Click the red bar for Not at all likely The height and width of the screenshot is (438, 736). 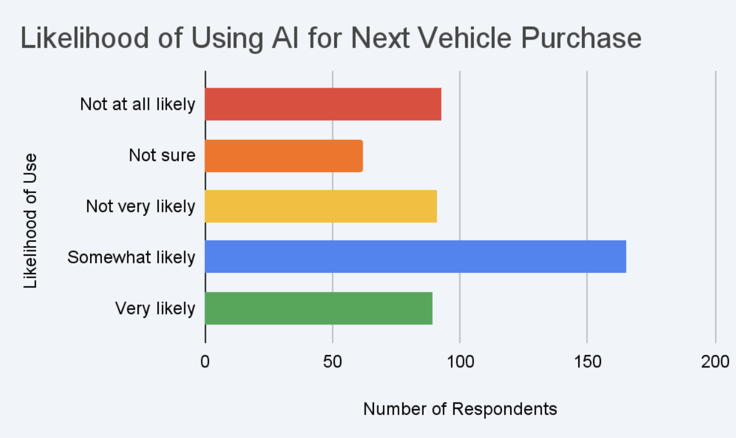pos(323,104)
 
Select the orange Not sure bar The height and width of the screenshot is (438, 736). pos(284,156)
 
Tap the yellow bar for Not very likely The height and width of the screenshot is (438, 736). pos(321,206)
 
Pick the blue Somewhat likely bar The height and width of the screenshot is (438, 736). pos(415,257)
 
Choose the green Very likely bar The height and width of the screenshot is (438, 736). pos(318,308)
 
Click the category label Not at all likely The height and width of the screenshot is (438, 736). pos(137,105)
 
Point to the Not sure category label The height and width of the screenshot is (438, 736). pos(162,156)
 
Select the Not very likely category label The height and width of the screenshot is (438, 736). pos(140,207)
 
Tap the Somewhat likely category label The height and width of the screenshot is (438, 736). pos(131,257)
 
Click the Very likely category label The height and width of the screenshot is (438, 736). pos(155,308)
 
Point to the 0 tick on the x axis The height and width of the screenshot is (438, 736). pos(205,362)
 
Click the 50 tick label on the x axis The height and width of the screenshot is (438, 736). pos(332,362)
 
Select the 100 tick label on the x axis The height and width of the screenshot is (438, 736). pos(460,362)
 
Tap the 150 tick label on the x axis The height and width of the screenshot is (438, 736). pos(587,362)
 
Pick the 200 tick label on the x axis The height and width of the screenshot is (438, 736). pos(715,362)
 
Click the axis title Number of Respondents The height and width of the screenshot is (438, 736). pos(460,409)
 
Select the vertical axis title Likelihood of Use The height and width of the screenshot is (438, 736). pos(31,221)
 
